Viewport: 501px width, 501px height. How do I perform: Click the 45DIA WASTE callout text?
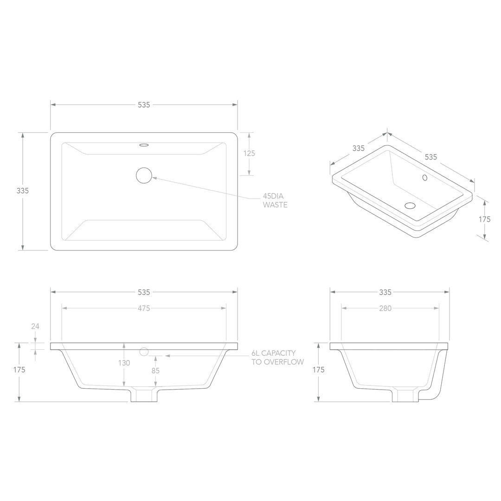coord(275,200)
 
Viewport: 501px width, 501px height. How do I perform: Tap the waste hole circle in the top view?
coord(144,175)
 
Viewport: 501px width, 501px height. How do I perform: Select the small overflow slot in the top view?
coord(144,145)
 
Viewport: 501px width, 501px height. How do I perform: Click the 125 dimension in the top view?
coord(249,154)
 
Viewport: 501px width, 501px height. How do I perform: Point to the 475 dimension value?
coord(144,308)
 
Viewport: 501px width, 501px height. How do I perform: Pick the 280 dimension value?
coord(385,308)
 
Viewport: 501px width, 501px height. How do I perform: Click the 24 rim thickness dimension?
coord(35,326)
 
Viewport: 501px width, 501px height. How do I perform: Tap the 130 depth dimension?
coord(124,363)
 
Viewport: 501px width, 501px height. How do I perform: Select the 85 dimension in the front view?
coord(155,371)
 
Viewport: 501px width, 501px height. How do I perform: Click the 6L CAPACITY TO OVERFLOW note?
coord(277,358)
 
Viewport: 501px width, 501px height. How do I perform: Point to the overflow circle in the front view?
coord(144,351)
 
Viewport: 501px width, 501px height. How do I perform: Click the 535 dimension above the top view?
coord(144,105)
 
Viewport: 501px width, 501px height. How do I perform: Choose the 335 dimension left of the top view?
coord(23,191)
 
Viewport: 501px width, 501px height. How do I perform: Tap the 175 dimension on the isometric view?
coord(484,219)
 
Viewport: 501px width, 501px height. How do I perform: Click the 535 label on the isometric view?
coord(431,157)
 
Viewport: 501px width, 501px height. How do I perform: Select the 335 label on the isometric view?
coord(358,148)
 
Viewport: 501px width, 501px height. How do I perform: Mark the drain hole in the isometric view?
coord(411,206)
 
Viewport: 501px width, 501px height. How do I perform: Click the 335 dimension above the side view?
coord(385,292)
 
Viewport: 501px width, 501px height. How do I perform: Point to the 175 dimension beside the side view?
coord(318,370)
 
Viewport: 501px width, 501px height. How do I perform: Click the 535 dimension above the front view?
coord(144,292)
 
